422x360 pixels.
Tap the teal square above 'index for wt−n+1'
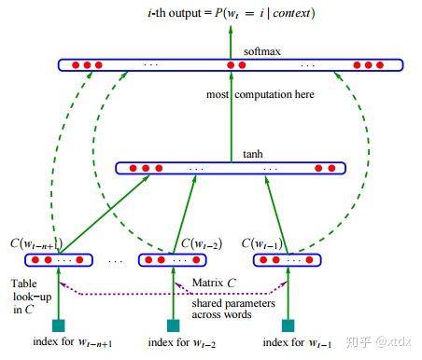pos(58,325)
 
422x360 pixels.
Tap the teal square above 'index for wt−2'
pos(172,325)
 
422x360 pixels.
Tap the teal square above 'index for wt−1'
pos(287,325)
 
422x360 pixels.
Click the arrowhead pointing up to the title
pos(230,30)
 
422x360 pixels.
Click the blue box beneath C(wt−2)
pos(172,260)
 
